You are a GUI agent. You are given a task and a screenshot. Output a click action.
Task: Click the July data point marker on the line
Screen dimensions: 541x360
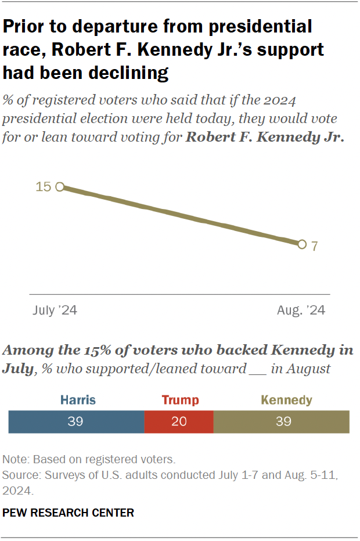(59, 187)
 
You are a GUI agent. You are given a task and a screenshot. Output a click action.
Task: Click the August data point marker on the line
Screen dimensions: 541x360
(301, 244)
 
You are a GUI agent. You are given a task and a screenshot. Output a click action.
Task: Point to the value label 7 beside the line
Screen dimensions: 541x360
(314, 246)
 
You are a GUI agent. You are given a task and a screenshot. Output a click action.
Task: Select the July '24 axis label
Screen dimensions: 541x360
(55, 311)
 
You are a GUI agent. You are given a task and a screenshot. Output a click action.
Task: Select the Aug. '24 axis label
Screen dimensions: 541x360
(301, 311)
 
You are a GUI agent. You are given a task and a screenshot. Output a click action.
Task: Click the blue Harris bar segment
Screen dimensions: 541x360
(76, 421)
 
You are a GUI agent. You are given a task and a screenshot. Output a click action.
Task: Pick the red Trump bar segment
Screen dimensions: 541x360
(179, 421)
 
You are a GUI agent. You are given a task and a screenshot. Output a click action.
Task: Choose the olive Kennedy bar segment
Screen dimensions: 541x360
(282, 421)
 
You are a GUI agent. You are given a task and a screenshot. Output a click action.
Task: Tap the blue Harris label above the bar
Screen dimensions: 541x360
(77, 400)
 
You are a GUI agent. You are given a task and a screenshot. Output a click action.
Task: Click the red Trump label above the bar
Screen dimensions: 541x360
(179, 400)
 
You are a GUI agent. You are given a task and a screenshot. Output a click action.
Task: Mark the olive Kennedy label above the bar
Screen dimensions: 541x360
(286, 400)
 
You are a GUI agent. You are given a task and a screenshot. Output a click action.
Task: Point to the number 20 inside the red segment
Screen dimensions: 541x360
(179, 421)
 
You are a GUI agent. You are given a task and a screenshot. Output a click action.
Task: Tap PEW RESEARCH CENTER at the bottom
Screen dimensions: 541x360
(69, 513)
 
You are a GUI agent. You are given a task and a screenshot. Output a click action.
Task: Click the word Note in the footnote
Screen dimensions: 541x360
(16, 459)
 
